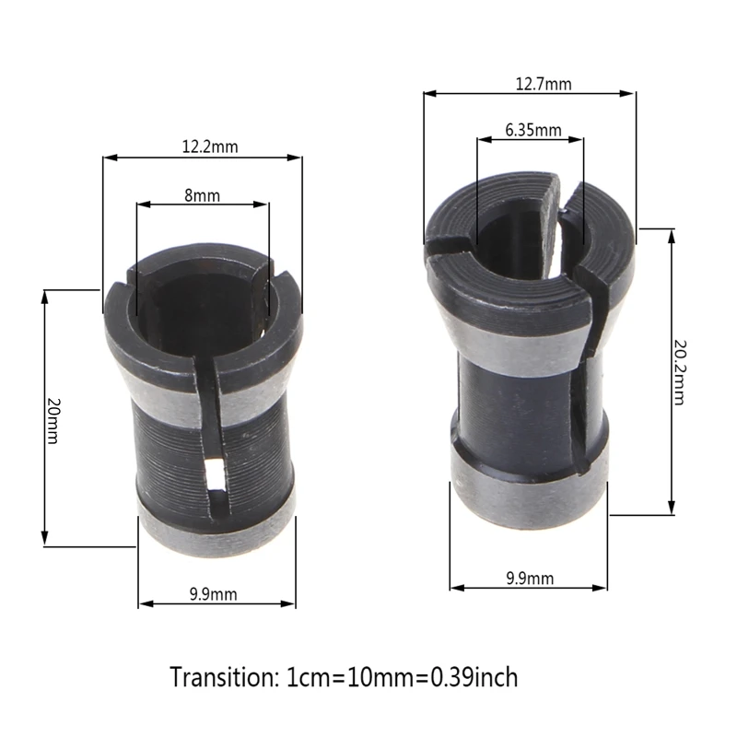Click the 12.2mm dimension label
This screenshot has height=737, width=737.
210,146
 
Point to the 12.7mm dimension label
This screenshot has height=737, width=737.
544,84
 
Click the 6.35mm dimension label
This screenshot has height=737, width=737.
532,130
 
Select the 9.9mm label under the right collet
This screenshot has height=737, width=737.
530,579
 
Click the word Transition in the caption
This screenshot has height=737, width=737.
221,678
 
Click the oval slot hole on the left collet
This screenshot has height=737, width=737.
215,475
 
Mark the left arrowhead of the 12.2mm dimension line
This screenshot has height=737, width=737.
107,158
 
